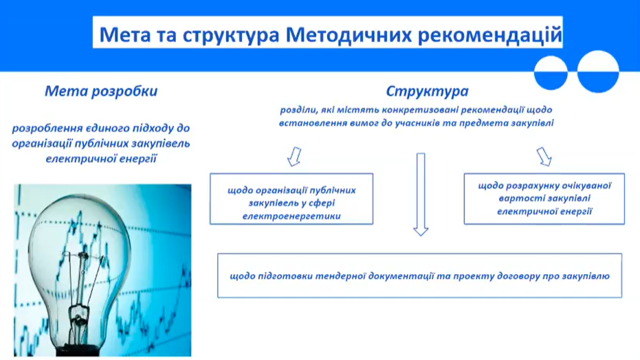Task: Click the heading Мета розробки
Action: (x=101, y=91)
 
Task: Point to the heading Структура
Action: (x=427, y=91)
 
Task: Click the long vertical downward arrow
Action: (x=421, y=194)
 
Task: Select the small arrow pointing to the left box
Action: (x=294, y=157)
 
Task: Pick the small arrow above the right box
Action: (x=544, y=157)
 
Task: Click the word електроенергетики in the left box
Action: (x=291, y=216)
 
